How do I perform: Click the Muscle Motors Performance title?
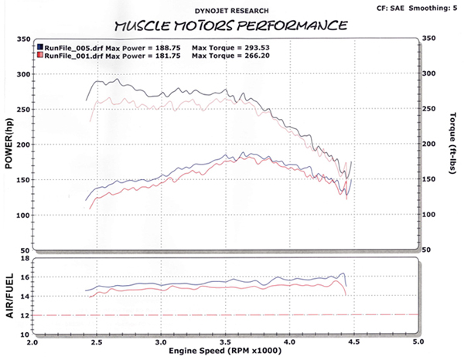[x=225, y=25]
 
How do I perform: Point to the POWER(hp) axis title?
[x=9, y=146]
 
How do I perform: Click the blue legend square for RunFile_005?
[x=41, y=46]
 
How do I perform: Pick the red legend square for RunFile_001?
[x=41, y=56]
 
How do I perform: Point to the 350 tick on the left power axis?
[x=23, y=39]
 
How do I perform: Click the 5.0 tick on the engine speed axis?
[x=418, y=341]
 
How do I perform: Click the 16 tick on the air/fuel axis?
[x=24, y=277]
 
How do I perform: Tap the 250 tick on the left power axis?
[x=23, y=110]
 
